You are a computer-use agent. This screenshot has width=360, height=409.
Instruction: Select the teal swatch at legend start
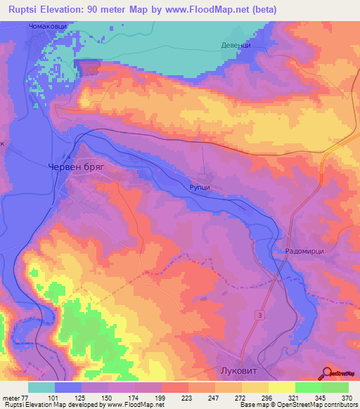(x=41, y=387)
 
